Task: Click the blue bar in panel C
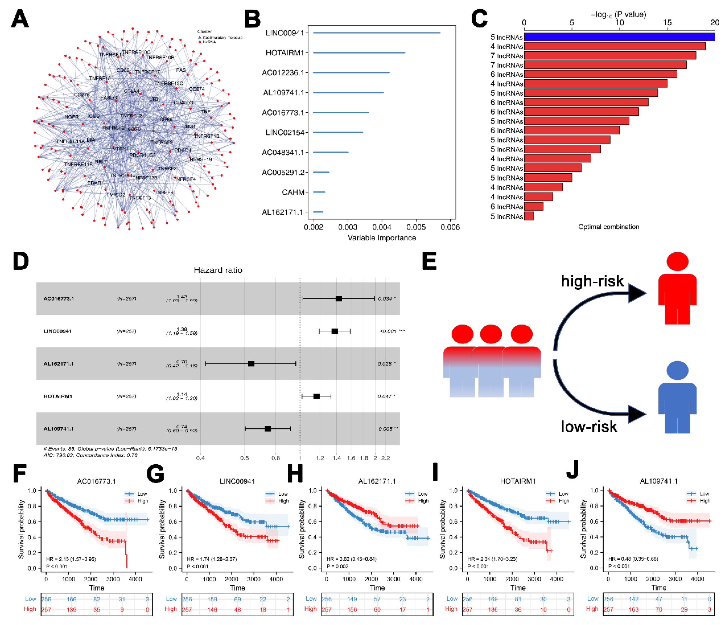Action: [x=619, y=37]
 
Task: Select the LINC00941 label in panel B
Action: [x=285, y=33]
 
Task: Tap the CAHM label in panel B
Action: [x=293, y=192]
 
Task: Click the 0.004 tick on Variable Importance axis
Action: [x=382, y=227]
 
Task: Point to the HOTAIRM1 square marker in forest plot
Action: [x=316, y=396]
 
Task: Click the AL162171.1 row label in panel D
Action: [x=58, y=364]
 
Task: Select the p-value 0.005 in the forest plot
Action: [x=385, y=429]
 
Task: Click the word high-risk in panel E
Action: [x=592, y=281]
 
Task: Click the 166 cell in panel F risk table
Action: [x=71, y=599]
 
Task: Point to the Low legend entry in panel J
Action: [x=704, y=493]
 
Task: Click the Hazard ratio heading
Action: [x=218, y=270]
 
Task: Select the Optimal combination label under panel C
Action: [x=609, y=227]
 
